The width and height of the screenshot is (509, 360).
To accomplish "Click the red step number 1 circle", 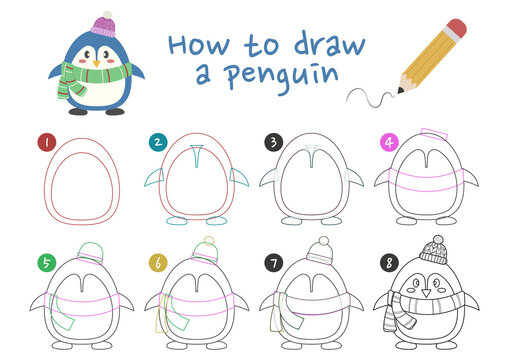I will [45, 142].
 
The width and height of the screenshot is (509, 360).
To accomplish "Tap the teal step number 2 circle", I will [156, 142].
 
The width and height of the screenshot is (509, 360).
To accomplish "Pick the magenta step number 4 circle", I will [388, 142].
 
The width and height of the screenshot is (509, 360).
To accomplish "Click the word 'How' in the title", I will [193, 45].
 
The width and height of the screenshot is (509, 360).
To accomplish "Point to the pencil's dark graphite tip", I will [402, 90].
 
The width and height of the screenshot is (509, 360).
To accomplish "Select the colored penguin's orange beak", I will [95, 61].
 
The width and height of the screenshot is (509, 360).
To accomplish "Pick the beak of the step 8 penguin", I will [429, 293].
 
